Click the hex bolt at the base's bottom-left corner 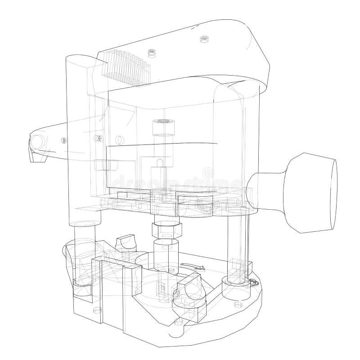tap(95, 310)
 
